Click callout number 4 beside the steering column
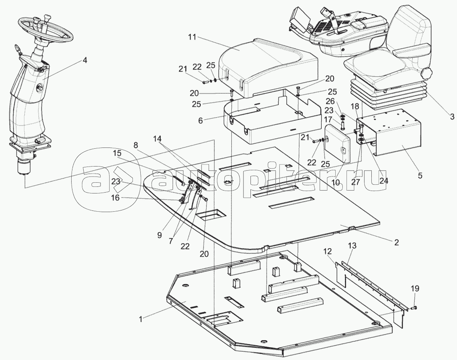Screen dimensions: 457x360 [84, 60]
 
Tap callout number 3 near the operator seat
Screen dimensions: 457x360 [452, 117]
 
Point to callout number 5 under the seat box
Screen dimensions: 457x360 [420, 176]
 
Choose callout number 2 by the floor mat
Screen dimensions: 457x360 [396, 242]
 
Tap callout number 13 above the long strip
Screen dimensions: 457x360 [352, 246]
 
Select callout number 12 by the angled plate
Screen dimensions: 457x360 [327, 251]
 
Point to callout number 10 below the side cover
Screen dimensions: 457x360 [335, 183]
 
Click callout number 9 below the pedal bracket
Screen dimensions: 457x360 [159, 235]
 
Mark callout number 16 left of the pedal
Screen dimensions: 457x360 [115, 198]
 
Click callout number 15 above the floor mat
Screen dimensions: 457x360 [116, 153]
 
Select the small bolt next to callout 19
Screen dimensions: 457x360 [414, 307]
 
